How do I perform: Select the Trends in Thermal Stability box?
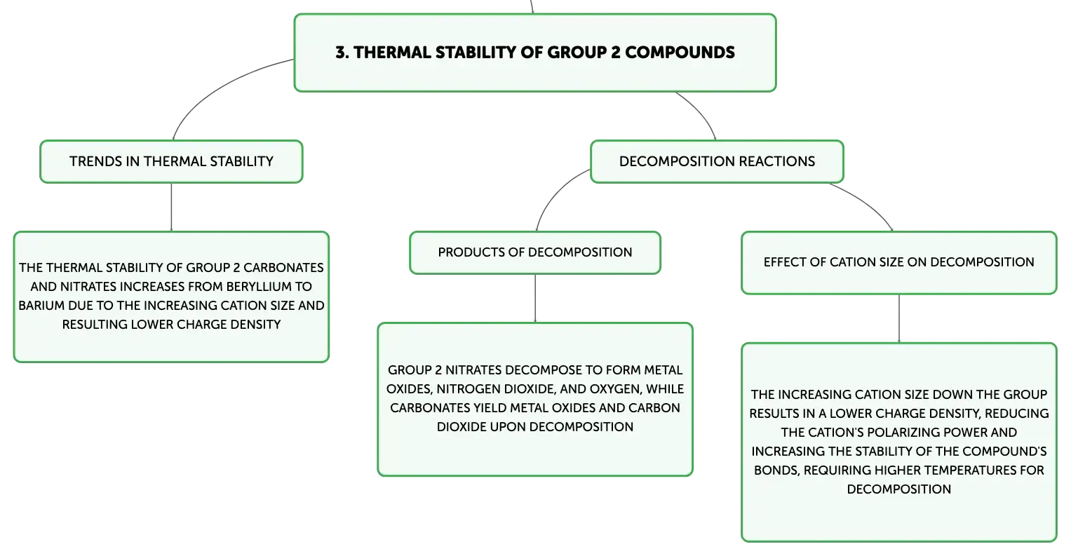[x=171, y=161]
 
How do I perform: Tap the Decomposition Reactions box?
[x=717, y=161]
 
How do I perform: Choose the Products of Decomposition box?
[x=535, y=253]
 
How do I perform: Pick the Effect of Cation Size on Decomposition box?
[x=899, y=263]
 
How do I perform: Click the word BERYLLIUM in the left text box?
[x=260, y=286]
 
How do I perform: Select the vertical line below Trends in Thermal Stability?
[x=171, y=207]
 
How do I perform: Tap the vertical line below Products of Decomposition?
[x=535, y=298]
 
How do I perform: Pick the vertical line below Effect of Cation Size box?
[x=899, y=318]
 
